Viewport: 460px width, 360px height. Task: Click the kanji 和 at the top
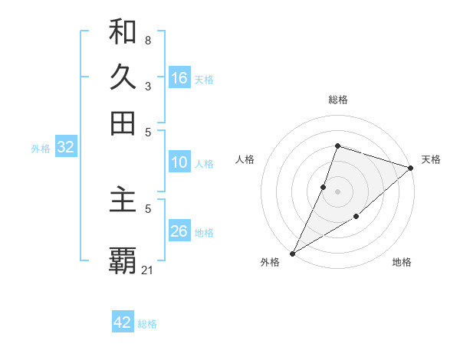(x=123, y=32)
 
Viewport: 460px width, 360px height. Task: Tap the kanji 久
(x=123, y=77)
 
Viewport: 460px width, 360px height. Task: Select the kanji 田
(x=123, y=123)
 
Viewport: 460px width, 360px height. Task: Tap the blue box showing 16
(x=179, y=78)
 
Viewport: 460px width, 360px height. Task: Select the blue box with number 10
(x=179, y=162)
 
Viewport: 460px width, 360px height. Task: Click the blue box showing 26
(x=179, y=231)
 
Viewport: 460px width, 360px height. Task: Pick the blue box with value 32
(x=65, y=148)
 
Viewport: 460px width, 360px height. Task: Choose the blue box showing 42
(x=123, y=322)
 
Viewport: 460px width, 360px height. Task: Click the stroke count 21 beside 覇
(x=148, y=270)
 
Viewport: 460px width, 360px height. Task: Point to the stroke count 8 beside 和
(x=148, y=40)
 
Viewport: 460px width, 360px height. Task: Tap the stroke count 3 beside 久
(x=148, y=86)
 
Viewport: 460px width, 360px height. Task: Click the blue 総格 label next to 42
(x=147, y=324)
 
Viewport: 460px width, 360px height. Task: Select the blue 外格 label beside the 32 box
(x=41, y=149)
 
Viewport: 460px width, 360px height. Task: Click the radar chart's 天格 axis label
(x=431, y=159)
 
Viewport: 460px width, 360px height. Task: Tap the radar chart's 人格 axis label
(x=245, y=159)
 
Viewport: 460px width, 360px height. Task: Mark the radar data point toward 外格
(x=292, y=253)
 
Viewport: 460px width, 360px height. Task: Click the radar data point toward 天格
(x=411, y=168)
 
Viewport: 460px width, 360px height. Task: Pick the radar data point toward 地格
(x=356, y=218)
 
